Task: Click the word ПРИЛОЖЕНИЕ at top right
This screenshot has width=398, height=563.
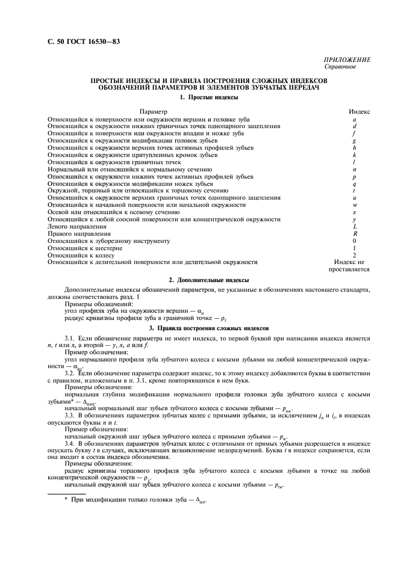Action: [x=347, y=60]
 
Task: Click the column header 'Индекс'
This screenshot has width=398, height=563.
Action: [x=360, y=112]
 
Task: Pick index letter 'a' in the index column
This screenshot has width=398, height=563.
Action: [x=355, y=120]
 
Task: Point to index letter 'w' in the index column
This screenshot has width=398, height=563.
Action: [x=355, y=205]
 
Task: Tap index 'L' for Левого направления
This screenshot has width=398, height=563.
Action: [x=355, y=227]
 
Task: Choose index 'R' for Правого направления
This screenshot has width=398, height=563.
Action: [x=355, y=234]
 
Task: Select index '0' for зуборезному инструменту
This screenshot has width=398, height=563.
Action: [x=355, y=241]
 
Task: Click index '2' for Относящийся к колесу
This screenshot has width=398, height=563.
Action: [x=355, y=255]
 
